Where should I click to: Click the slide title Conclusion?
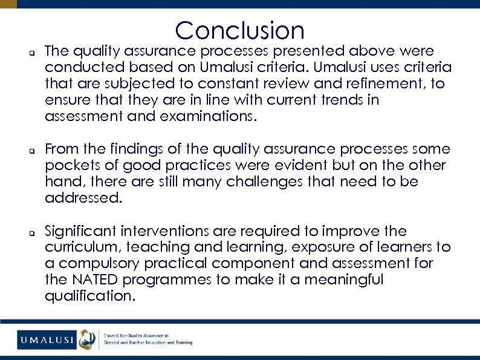point(240,30)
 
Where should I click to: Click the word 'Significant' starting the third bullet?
point(81,231)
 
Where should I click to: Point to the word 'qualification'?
point(89,296)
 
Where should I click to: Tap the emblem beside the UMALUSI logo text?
point(88,340)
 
